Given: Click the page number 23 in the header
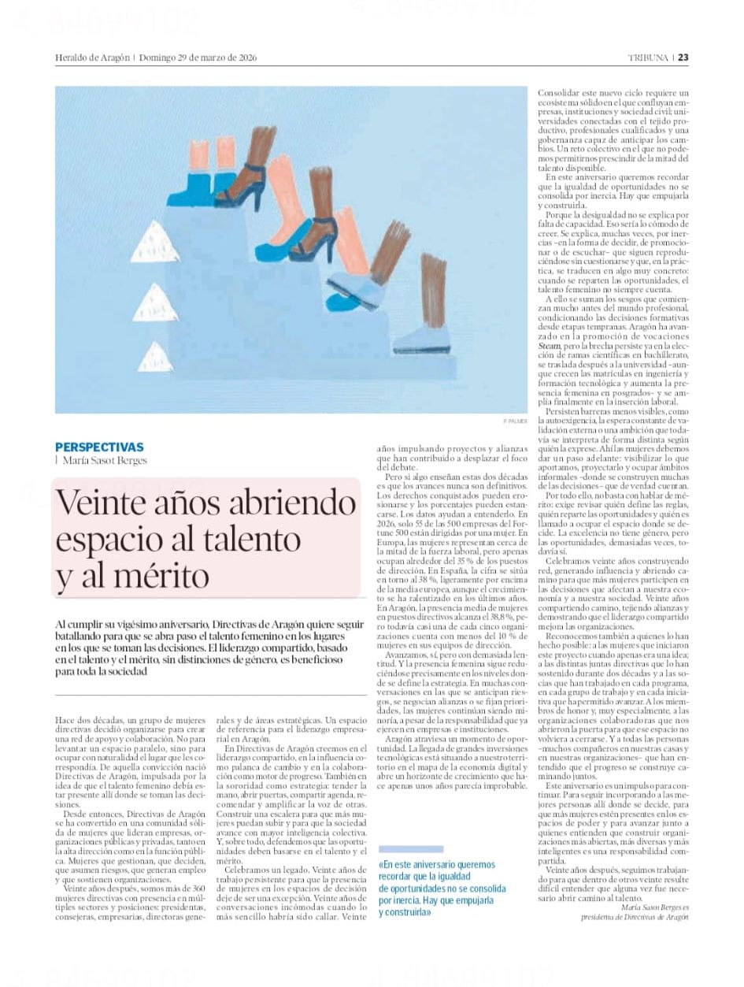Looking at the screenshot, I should pyautogui.click(x=683, y=58).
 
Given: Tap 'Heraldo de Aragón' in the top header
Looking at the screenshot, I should pyautogui.click(x=91, y=58).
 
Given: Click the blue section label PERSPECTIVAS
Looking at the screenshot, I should pyautogui.click(x=99, y=447).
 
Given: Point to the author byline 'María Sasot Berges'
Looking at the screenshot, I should pyautogui.click(x=104, y=461).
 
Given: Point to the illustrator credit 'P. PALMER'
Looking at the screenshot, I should pyautogui.click(x=514, y=422).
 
